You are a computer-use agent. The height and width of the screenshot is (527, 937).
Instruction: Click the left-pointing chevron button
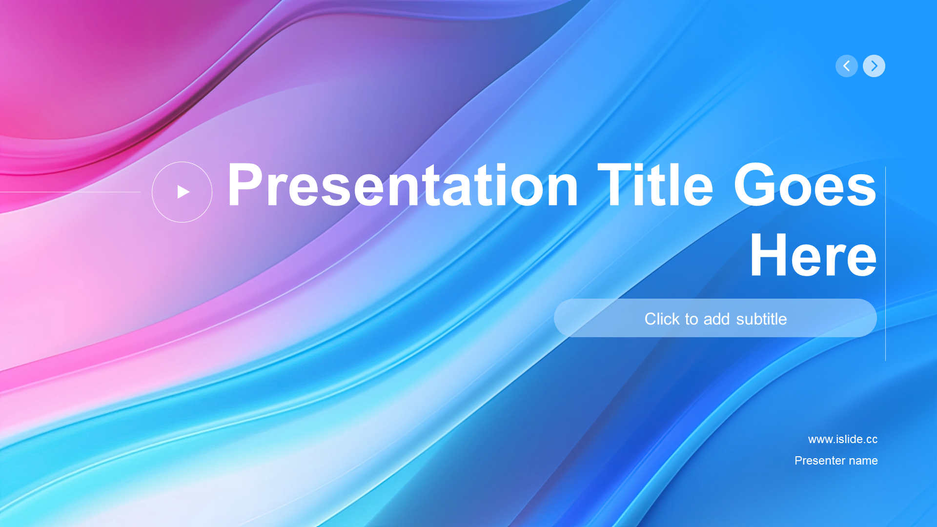(846, 66)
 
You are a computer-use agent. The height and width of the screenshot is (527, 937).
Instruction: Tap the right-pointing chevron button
(874, 66)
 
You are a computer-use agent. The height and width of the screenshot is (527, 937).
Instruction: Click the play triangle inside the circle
(183, 192)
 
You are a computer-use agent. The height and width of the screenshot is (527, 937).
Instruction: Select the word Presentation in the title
(403, 185)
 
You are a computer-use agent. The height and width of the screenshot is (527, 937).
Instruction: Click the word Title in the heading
(655, 185)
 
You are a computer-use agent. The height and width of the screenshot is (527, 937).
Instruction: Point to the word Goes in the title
(805, 185)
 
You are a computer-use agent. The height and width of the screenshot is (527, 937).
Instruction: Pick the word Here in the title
(814, 255)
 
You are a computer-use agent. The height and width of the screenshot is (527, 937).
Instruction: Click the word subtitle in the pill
(761, 319)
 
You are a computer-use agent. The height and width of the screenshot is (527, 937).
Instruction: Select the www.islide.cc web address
(843, 439)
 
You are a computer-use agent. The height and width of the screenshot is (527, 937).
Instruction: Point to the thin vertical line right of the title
(885, 263)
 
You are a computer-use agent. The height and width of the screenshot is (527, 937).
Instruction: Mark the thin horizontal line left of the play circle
(70, 192)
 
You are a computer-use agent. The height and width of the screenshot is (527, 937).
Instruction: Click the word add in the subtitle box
(716, 319)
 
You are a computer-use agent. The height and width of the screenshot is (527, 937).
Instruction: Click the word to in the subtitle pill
(692, 319)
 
